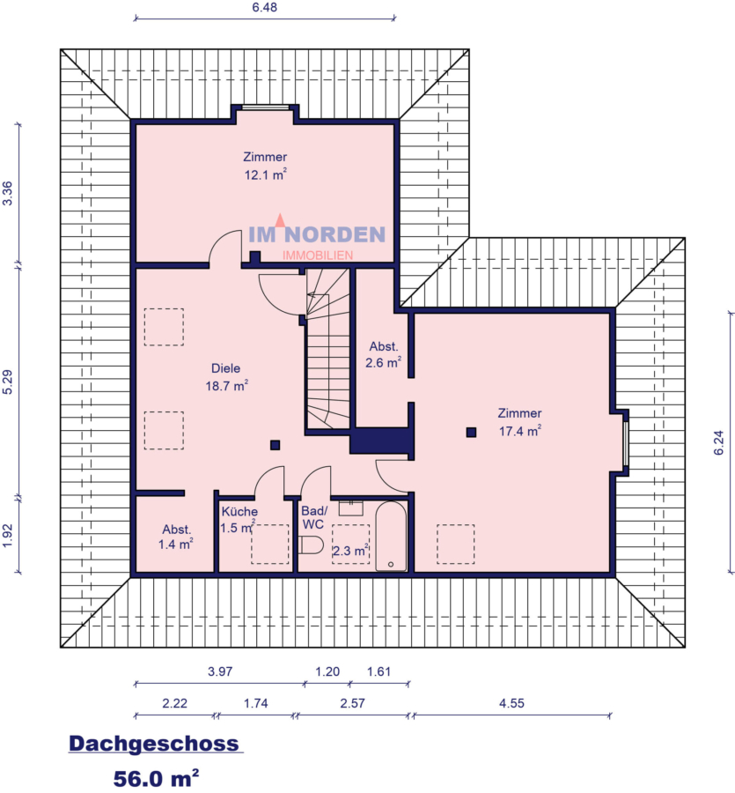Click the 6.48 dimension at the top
click(266, 7)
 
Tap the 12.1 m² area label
click(266, 174)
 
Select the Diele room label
click(225, 368)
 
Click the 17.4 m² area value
click(519, 429)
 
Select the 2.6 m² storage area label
click(384, 361)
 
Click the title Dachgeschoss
click(154, 744)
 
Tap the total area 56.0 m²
click(156, 778)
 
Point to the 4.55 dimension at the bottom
click(511, 703)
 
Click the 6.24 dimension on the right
click(720, 441)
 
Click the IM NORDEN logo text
click(317, 234)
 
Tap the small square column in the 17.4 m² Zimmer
click(471, 432)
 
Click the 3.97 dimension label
click(219, 671)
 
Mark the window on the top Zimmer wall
click(266, 108)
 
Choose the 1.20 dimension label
click(327, 671)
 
